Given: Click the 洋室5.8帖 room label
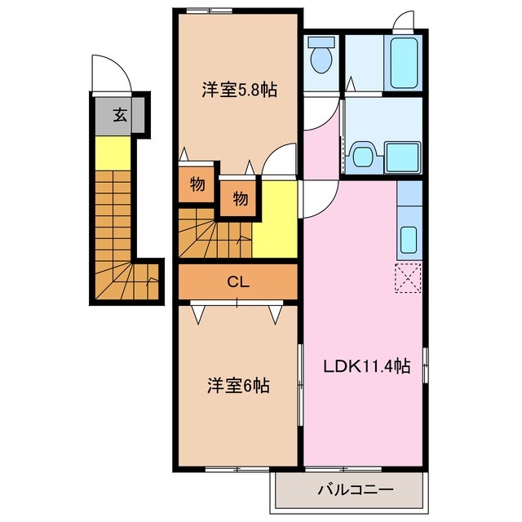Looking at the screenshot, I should click(239, 91).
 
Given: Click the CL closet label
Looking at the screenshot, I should click(237, 283).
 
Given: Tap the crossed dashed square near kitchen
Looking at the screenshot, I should click(407, 278).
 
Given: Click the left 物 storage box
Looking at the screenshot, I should click(197, 184).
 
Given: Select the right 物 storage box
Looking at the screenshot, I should click(240, 197).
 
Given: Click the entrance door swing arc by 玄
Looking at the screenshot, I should click(111, 75).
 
